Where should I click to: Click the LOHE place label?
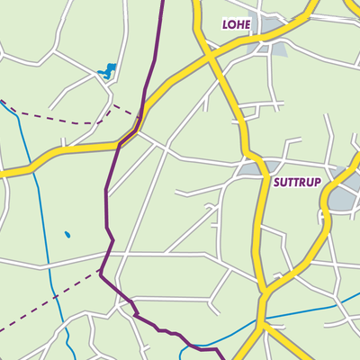click(x=238, y=24)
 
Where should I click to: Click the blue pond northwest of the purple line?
click(x=108, y=69)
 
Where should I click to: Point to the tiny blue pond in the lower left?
click(x=67, y=235)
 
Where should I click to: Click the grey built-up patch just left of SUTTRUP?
click(x=252, y=167)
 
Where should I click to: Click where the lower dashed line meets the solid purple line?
click(x=101, y=268)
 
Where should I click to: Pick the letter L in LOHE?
click(x=226, y=24)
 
